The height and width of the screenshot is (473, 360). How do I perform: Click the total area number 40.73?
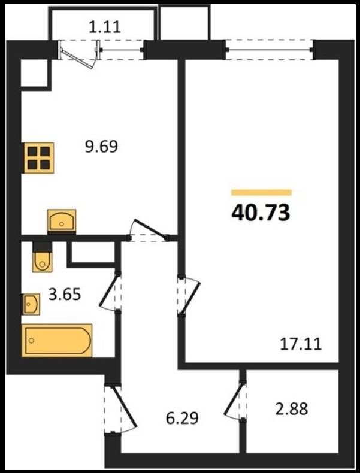coord(261,213)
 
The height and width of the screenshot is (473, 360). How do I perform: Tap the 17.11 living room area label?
coord(301,344)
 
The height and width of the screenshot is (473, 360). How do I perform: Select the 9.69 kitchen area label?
coord(101,147)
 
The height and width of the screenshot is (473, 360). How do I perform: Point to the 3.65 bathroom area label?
coord(65,294)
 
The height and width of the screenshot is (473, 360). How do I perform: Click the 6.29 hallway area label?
coord(182,418)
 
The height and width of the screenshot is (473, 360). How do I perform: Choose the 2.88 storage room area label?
coord(292,409)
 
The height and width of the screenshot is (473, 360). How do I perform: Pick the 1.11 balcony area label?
coord(105,27)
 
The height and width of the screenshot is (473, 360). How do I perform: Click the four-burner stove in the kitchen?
coord(38,158)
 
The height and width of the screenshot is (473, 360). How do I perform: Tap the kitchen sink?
coord(62,220)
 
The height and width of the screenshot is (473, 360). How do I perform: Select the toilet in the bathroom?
coord(43,257)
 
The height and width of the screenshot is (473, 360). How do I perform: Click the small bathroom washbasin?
coord(31,304)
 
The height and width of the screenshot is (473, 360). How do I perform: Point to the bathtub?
coord(57,340)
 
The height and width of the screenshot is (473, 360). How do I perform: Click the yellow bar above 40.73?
coord(261,192)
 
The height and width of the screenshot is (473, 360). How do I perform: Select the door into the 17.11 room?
coord(189,296)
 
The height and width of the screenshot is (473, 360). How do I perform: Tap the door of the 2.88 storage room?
coord(234,401)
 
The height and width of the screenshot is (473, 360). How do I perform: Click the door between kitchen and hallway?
coord(149,231)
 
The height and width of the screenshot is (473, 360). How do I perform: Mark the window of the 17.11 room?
coord(270,50)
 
